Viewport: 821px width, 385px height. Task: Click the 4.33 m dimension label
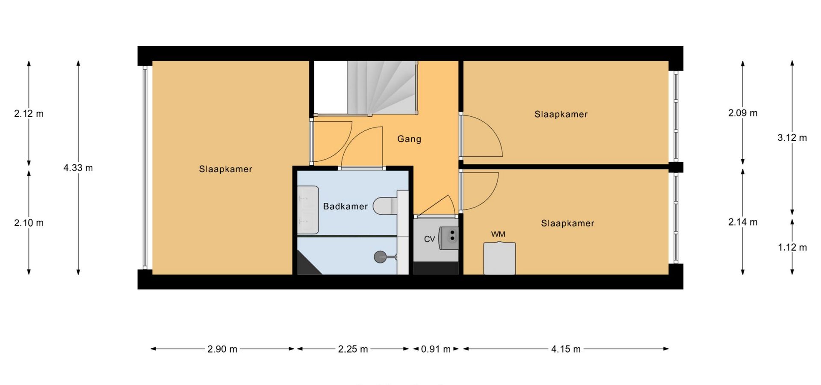(78, 168)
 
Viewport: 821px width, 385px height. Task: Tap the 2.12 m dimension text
(29, 113)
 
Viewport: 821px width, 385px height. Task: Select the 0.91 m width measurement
(436, 349)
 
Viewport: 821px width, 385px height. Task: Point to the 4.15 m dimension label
(566, 349)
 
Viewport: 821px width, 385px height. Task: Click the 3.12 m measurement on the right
(792, 138)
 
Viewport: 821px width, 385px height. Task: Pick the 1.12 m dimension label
(792, 247)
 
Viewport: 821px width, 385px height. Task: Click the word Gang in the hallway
(409, 139)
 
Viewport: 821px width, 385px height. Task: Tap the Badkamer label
(346, 206)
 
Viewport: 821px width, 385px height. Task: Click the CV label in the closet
(429, 239)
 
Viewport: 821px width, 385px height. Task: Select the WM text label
(498, 234)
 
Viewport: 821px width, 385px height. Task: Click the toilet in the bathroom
(385, 206)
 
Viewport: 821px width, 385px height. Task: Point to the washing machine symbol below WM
(499, 258)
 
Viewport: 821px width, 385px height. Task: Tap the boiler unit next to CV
(449, 237)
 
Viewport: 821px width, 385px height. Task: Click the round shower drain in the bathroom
(380, 257)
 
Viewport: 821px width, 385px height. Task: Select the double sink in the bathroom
(308, 210)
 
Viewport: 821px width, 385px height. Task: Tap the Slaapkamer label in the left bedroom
(226, 169)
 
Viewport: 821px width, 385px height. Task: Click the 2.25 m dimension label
(353, 349)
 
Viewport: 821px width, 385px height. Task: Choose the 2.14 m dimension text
(743, 222)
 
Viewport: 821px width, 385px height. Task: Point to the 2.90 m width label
(222, 349)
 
